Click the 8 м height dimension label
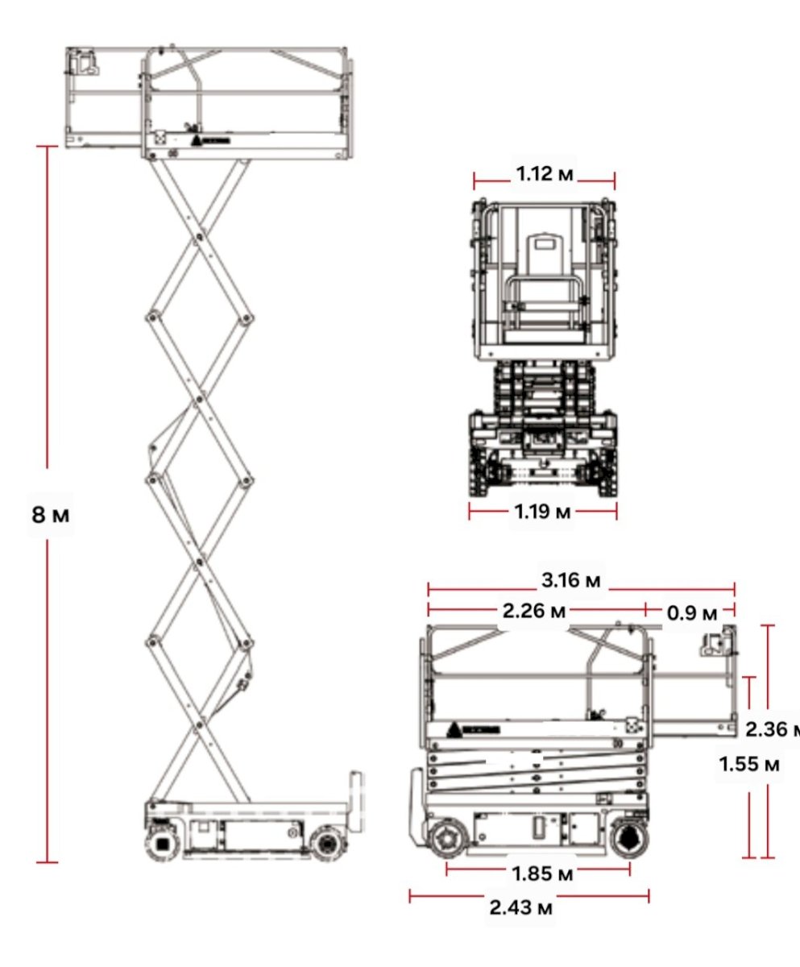click(51, 515)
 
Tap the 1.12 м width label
click(545, 174)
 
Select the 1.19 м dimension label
click(542, 512)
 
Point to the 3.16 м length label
click(571, 580)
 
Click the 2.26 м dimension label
click(534, 611)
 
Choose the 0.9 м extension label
click(692, 613)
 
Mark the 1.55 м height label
click(749, 764)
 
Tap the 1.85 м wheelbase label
click(542, 874)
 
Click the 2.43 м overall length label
click(520, 907)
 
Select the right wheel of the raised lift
click(328, 844)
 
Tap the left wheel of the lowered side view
click(447, 839)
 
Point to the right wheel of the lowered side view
click(629, 839)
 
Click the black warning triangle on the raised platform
click(197, 141)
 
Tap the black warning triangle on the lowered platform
click(454, 729)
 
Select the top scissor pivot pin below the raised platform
click(199, 237)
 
